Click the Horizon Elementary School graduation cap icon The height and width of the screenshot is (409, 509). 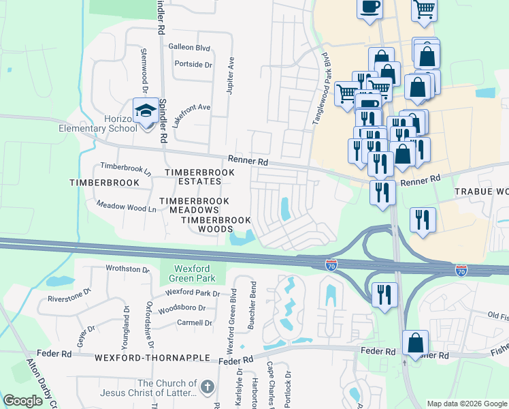[x=146, y=111]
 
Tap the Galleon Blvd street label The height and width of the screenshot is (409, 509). [x=188, y=48]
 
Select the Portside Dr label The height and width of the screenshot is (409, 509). [x=193, y=64]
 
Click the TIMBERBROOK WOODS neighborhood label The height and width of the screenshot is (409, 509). [x=216, y=225]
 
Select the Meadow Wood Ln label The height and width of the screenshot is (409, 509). [x=126, y=204]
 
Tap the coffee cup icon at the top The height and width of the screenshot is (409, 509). [x=370, y=7]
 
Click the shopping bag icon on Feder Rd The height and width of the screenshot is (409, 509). [x=415, y=343]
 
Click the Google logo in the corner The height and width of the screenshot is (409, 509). [x=23, y=401]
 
